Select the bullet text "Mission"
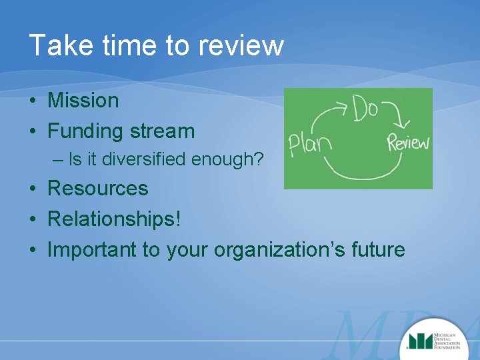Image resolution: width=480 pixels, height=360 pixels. [83, 101]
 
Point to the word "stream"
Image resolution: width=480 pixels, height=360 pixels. [164, 131]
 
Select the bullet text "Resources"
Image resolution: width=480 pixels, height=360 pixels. [97, 188]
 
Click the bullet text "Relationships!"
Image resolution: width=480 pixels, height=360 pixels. [114, 219]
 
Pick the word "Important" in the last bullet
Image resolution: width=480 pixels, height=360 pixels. [91, 249]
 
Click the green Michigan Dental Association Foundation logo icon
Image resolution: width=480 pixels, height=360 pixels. [419, 340]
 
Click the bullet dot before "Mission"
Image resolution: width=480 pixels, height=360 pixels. [33, 101]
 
